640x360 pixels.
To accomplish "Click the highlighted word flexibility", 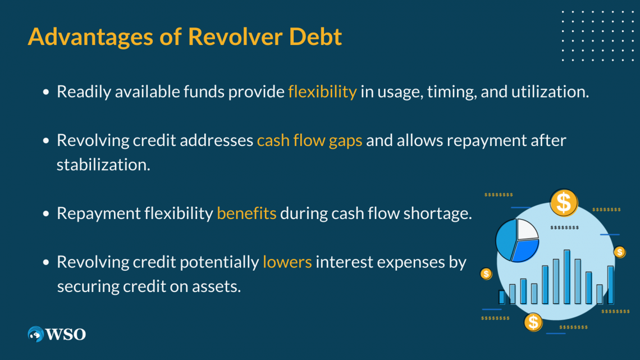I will point(322,92).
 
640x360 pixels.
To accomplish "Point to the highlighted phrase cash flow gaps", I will point(309,140).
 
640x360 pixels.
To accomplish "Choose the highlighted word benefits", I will point(246,214).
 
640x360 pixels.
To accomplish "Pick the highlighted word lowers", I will point(287,262).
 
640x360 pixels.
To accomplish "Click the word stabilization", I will point(103,166).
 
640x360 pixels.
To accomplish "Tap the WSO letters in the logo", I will point(66,334).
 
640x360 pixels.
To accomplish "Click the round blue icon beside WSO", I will point(36,334).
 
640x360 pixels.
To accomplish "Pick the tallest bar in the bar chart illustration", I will point(567,276).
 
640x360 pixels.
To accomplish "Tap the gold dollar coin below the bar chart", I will point(533,322).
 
